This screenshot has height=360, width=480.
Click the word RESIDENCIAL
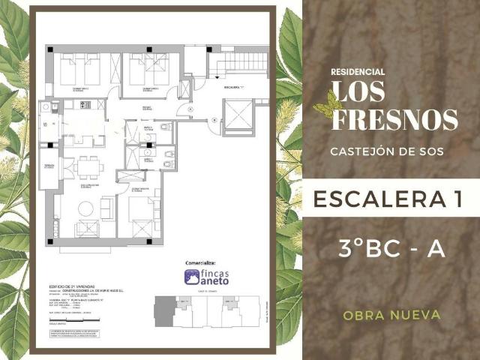tap(358, 72)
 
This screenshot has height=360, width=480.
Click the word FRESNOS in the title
tap(394, 120)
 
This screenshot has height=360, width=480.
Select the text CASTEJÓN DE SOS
tap(386, 151)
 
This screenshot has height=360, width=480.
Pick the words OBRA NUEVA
tap(391, 315)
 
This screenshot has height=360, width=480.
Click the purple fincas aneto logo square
tap(192, 276)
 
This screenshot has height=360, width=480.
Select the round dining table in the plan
tap(86, 209)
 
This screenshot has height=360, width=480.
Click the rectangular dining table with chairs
tap(88, 166)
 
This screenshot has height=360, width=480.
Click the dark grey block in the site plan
tap(163, 310)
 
